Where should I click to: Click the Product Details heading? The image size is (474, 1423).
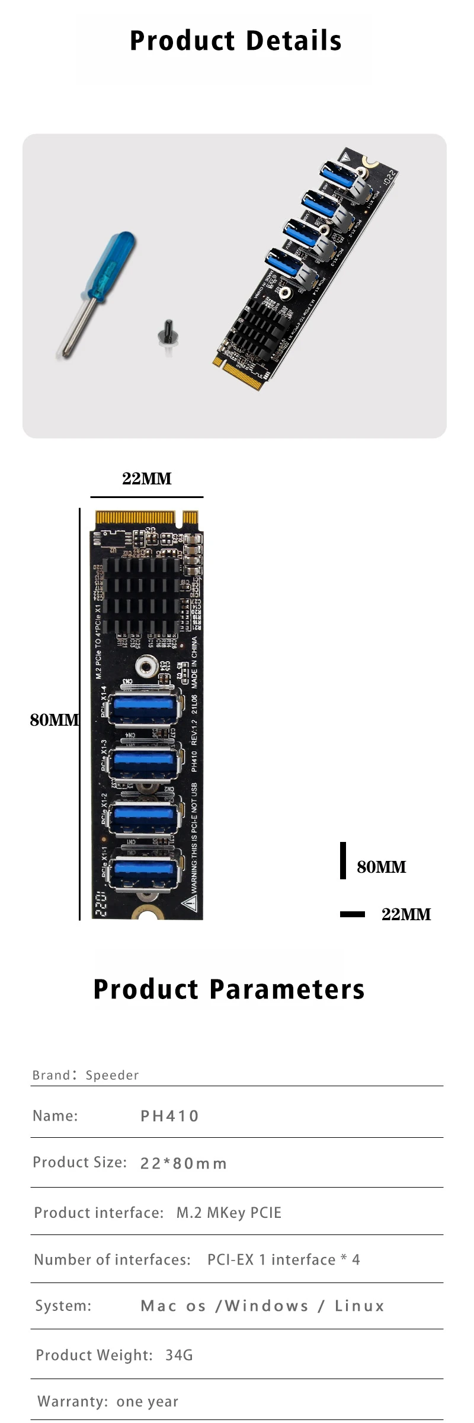point(236,41)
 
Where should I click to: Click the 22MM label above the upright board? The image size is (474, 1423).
point(147,479)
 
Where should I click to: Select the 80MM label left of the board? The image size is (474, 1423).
point(54,720)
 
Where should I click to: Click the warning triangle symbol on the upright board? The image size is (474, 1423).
point(190,903)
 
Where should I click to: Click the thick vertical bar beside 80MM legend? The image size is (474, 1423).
point(343,860)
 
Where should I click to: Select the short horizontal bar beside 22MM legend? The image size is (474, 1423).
point(353,914)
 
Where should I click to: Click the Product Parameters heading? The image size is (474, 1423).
point(229,990)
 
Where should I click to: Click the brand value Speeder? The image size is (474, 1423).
point(112,1075)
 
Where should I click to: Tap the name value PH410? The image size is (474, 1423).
point(169,1116)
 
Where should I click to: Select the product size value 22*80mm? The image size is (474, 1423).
point(184,1163)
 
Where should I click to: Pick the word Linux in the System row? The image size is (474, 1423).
point(360,1306)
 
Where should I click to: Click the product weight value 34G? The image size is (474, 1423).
point(179,1355)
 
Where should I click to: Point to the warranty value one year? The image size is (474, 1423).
point(148,1401)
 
